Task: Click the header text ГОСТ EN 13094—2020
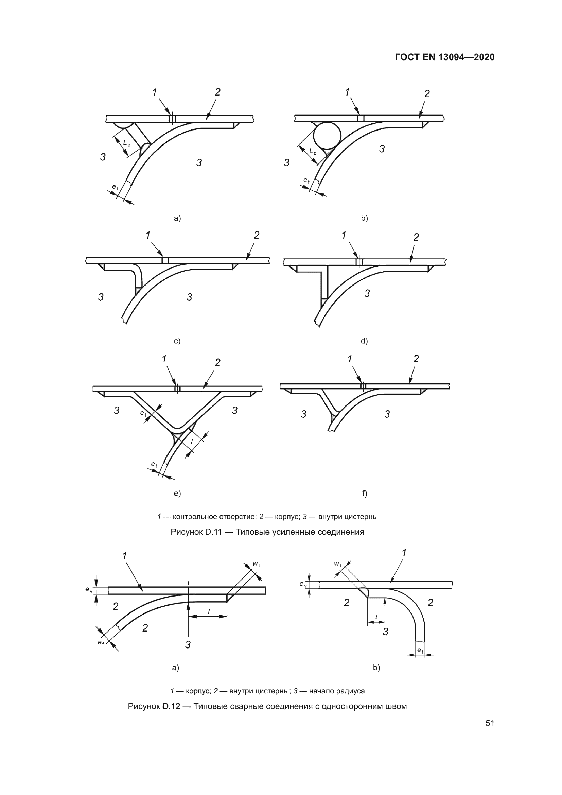tap(444, 57)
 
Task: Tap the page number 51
tap(490, 723)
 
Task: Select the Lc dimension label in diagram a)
tap(127, 143)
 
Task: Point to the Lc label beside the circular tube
tap(313, 151)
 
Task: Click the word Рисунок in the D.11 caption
tap(187, 532)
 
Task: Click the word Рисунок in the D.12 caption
tap(144, 706)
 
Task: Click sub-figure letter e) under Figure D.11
tap(177, 494)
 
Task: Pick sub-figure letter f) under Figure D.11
tap(364, 494)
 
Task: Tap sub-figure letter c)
tap(177, 341)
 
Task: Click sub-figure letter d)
tap(364, 341)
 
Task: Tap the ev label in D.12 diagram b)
tap(303, 584)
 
